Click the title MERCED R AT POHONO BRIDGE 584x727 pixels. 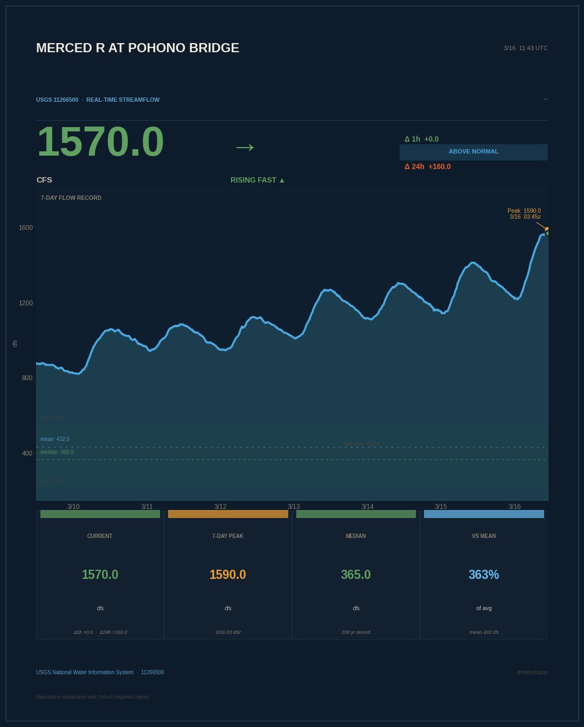click(137, 48)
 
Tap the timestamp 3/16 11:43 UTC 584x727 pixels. click(525, 48)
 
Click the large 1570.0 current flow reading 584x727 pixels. click(100, 142)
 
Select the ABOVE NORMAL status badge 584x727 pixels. click(474, 152)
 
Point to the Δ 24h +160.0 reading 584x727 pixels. click(428, 166)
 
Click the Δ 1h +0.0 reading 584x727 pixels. click(421, 139)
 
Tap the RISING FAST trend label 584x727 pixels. click(258, 180)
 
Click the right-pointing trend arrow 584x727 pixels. click(245, 146)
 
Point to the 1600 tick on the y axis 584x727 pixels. click(26, 228)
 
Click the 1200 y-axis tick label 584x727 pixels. click(26, 303)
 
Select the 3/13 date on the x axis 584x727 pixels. click(294, 507)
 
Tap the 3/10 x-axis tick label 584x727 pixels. click(73, 507)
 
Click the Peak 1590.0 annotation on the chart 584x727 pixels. click(524, 214)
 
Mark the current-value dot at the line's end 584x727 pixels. click(547, 233)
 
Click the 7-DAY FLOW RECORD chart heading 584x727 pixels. click(71, 198)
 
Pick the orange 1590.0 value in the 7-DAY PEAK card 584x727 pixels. click(227, 575)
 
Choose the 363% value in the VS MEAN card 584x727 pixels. click(484, 575)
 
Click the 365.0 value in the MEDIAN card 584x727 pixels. click(356, 575)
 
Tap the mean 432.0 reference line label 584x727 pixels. click(55, 439)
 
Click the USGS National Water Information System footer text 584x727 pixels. click(85, 672)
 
